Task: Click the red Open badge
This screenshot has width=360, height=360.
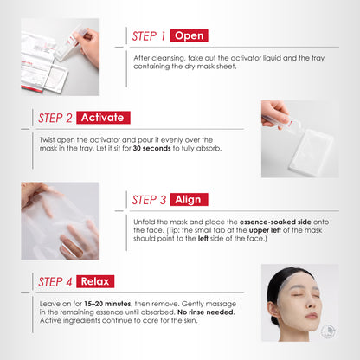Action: coord(189,36)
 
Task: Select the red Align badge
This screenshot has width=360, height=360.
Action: coord(188,199)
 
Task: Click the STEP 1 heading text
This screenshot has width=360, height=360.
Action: coord(148,36)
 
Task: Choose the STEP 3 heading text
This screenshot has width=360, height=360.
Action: coord(148,199)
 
